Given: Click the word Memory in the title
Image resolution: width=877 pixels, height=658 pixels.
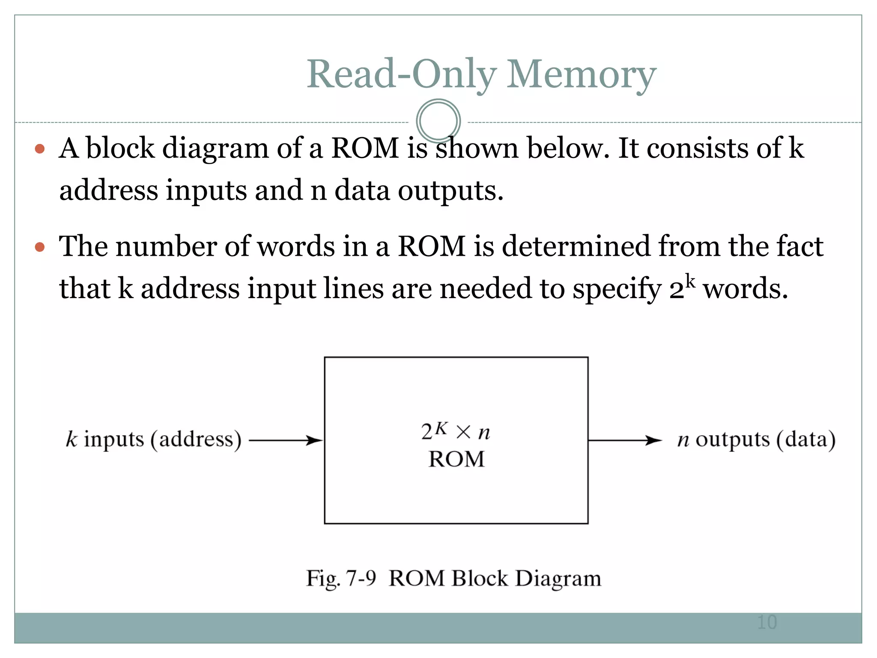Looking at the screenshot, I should pyautogui.click(x=581, y=75).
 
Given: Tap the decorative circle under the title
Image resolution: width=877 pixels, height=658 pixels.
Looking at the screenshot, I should pyautogui.click(x=438, y=121).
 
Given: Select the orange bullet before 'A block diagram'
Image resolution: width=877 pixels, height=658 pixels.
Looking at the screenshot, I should pyautogui.click(x=40, y=149).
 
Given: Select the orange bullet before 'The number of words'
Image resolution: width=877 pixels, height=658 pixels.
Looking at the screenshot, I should pyautogui.click(x=40, y=247).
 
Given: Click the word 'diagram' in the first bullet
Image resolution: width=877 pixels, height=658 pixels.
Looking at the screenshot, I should pyautogui.click(x=215, y=149).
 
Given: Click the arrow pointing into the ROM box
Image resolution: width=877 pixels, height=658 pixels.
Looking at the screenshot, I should pyautogui.click(x=286, y=440).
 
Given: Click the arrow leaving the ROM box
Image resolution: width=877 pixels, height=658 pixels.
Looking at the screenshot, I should pyautogui.click(x=625, y=440).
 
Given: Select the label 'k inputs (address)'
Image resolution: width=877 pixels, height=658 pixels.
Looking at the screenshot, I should pyautogui.click(x=154, y=440).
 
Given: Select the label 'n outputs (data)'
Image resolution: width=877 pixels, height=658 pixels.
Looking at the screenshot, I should pyautogui.click(x=756, y=440).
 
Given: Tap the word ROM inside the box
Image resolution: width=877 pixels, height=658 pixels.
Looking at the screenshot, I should pyautogui.click(x=456, y=460).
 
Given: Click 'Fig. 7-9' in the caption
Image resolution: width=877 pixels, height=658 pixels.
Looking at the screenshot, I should pyautogui.click(x=341, y=579).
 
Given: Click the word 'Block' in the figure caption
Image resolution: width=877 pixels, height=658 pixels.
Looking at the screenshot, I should pyautogui.click(x=480, y=579).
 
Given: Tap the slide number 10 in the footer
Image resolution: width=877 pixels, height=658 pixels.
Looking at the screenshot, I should pyautogui.click(x=767, y=622).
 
